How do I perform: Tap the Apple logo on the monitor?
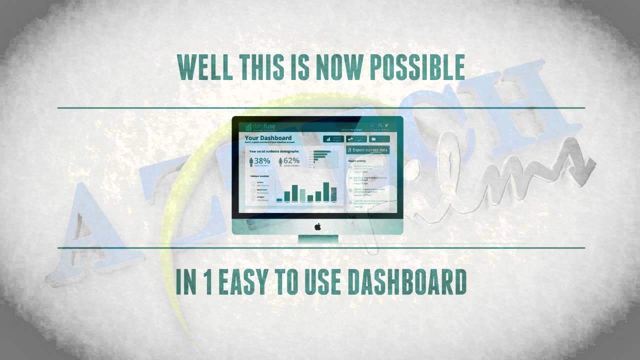pyautogui.click(x=317, y=226)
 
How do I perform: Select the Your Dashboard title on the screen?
pyautogui.click(x=268, y=138)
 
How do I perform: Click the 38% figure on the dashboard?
pyautogui.click(x=262, y=161)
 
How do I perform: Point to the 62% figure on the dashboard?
pyautogui.click(x=291, y=161)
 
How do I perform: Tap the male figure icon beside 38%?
pyautogui.click(x=251, y=161)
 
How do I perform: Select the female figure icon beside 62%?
pyautogui.click(x=280, y=161)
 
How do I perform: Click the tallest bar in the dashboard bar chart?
pyautogui.click(x=326, y=191)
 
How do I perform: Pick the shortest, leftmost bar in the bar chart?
pyautogui.click(x=279, y=199)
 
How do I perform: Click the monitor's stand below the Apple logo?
pyautogui.click(x=318, y=239)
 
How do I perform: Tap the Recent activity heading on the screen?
pyautogui.click(x=357, y=161)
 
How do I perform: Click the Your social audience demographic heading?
pyautogui.click(x=274, y=151)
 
